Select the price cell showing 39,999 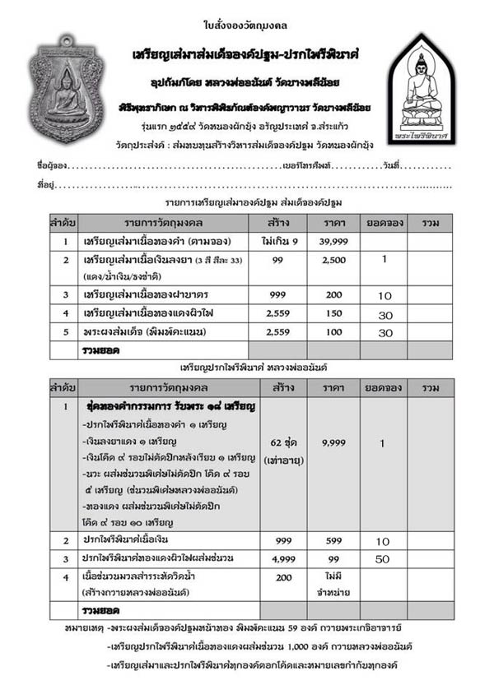click(x=335, y=241)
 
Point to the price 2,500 click(x=335, y=260)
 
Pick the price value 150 click(x=335, y=312)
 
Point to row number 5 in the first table click(x=63, y=331)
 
